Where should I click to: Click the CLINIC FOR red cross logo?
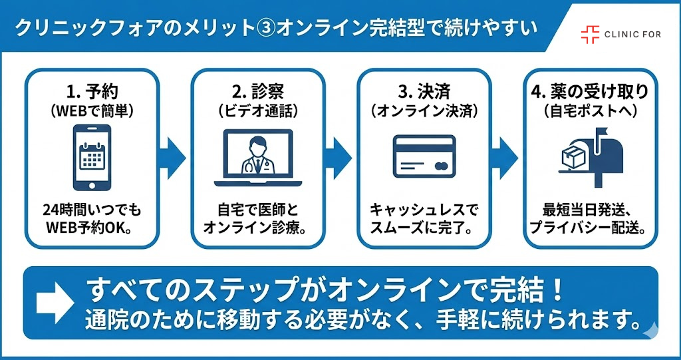pyautogui.click(x=589, y=34)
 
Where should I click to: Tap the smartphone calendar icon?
pyautogui.click(x=91, y=157)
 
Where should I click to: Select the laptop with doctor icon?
pyautogui.click(x=257, y=158)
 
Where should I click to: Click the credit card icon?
pyautogui.click(x=424, y=158)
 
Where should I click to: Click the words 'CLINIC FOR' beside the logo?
pyautogui.click(x=632, y=34)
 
